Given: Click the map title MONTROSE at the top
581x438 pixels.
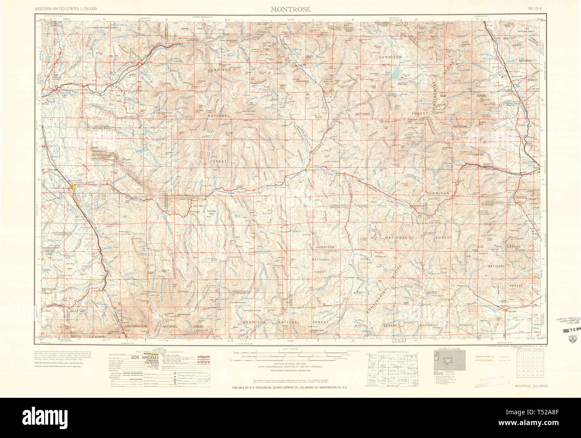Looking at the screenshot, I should point(290,9).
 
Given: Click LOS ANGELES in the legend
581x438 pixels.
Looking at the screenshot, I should point(146,357).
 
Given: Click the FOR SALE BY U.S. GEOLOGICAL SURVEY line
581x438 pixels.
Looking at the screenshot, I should point(290,387).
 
